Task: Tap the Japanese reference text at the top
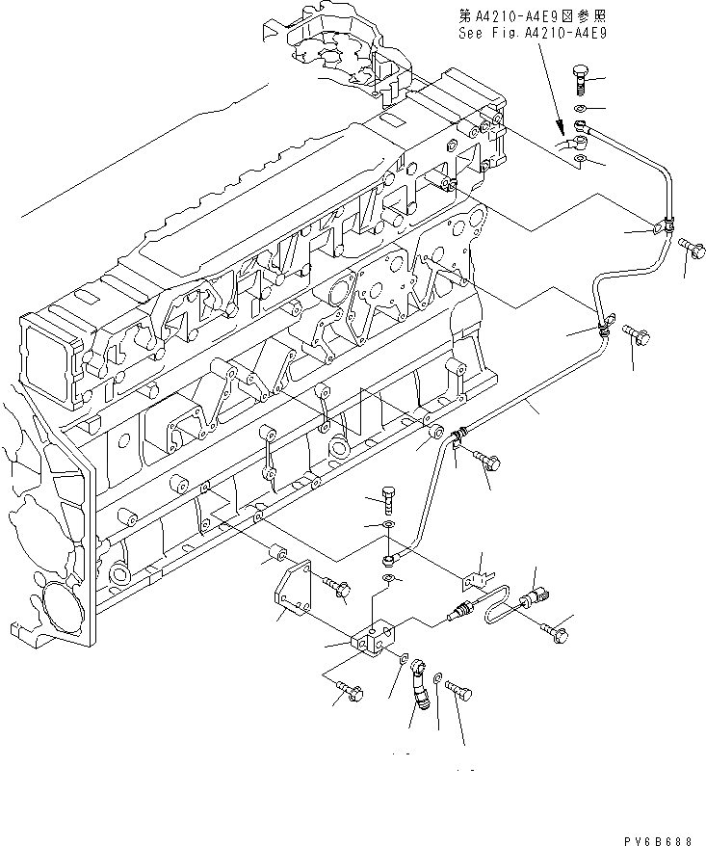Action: point(535,14)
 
